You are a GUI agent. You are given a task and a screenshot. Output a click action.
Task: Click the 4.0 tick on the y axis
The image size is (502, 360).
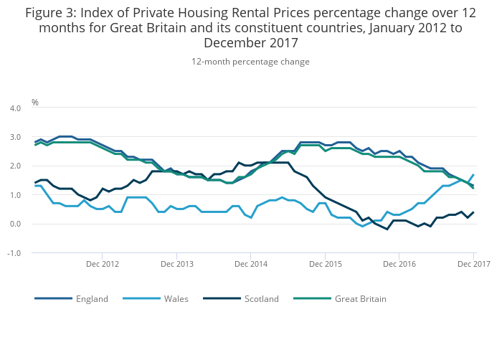click(14, 108)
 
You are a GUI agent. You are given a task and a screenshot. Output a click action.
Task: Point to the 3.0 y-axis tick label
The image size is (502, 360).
click(14, 137)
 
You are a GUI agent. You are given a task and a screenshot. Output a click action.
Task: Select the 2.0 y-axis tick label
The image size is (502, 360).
click(14, 166)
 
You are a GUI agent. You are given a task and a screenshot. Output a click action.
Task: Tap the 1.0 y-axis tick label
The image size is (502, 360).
click(14, 195)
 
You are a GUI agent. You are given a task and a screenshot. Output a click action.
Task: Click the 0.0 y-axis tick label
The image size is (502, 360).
click(14, 224)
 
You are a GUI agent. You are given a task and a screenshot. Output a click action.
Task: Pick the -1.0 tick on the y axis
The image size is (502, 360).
click(14, 253)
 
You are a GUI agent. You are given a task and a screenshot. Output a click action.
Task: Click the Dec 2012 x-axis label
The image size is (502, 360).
click(102, 265)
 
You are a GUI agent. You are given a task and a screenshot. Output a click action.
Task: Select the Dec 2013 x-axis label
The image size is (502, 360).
click(176, 265)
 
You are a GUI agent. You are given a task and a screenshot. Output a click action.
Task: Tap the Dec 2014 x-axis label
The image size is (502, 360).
click(250, 265)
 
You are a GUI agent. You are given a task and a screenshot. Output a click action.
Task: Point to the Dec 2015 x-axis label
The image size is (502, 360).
click(325, 265)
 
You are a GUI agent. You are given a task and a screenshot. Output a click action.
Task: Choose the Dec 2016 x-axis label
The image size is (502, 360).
click(399, 265)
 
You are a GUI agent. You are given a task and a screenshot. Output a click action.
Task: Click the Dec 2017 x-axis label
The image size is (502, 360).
click(474, 265)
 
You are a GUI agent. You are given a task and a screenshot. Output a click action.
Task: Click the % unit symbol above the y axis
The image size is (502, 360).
click(34, 103)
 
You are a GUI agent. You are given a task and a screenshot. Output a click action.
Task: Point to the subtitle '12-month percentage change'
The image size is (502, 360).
click(250, 62)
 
